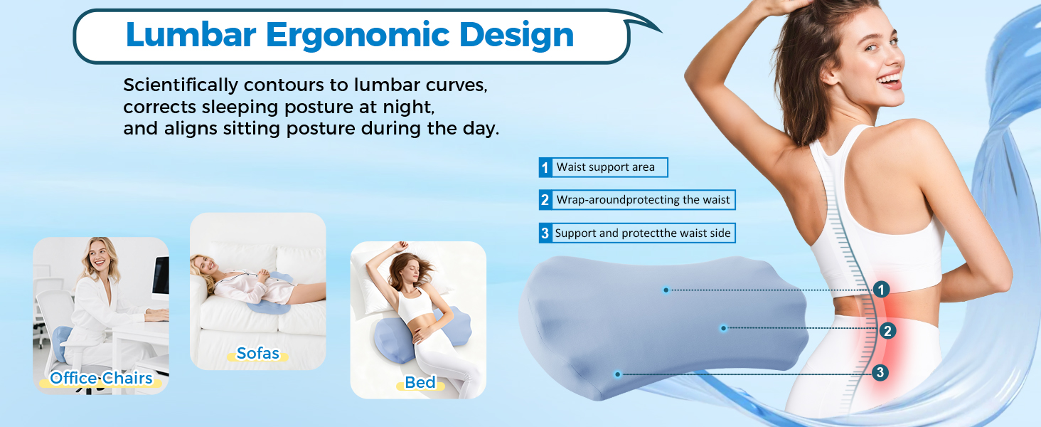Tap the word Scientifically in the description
(181, 85)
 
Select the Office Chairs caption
(102, 378)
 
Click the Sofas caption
(257, 353)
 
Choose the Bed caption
(420, 382)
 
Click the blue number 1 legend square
(545, 168)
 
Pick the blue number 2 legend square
(545, 200)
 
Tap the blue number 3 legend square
(545, 233)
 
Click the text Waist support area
(605, 167)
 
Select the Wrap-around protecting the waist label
(643, 200)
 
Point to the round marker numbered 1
(881, 290)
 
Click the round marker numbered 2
(887, 330)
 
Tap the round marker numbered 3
(880, 372)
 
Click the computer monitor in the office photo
(161, 275)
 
